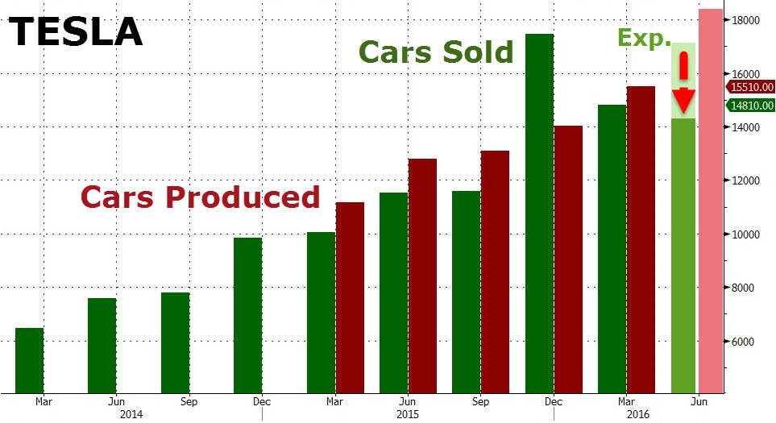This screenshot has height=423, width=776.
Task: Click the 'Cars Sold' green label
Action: tap(436, 52)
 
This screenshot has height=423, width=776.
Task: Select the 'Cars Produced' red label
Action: tap(199, 197)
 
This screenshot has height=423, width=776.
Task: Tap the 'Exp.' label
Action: tap(644, 36)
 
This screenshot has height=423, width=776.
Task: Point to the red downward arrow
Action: tap(683, 85)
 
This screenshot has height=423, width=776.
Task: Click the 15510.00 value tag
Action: tap(750, 87)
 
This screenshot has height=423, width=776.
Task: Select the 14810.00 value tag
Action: tap(750, 106)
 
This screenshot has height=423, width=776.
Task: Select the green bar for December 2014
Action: tap(247, 315)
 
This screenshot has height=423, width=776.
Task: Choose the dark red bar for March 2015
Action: tap(350, 297)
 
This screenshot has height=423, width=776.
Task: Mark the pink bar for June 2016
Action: tap(711, 201)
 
